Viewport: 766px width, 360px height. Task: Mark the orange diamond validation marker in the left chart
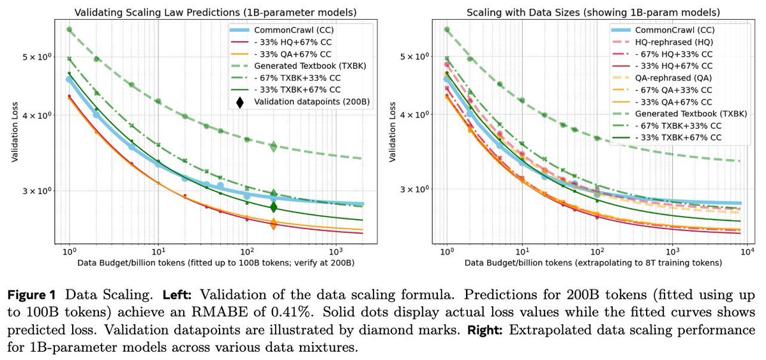273,224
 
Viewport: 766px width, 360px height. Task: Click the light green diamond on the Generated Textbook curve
273,147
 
